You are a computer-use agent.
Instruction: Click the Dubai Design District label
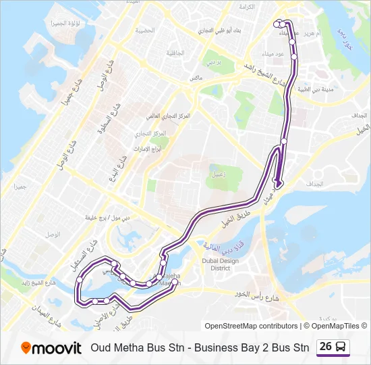(x=221, y=264)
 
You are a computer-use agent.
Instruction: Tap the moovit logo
(x=51, y=347)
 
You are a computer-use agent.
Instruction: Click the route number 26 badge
(x=326, y=347)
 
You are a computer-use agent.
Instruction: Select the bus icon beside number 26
(x=341, y=347)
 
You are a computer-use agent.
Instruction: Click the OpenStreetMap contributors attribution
(x=251, y=326)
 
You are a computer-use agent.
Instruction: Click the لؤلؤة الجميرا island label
(x=65, y=23)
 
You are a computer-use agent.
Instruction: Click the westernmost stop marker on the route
(x=80, y=278)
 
